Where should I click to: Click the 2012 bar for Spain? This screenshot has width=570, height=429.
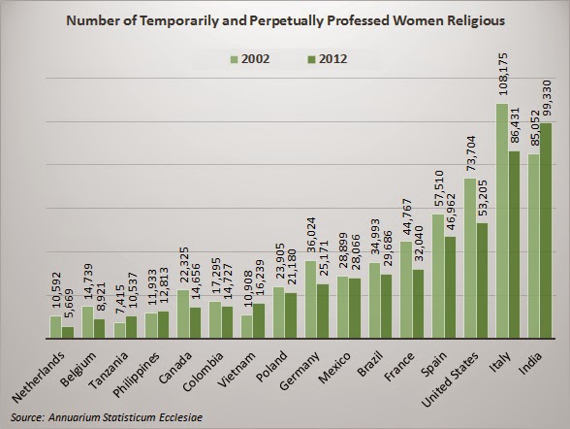coord(450,287)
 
